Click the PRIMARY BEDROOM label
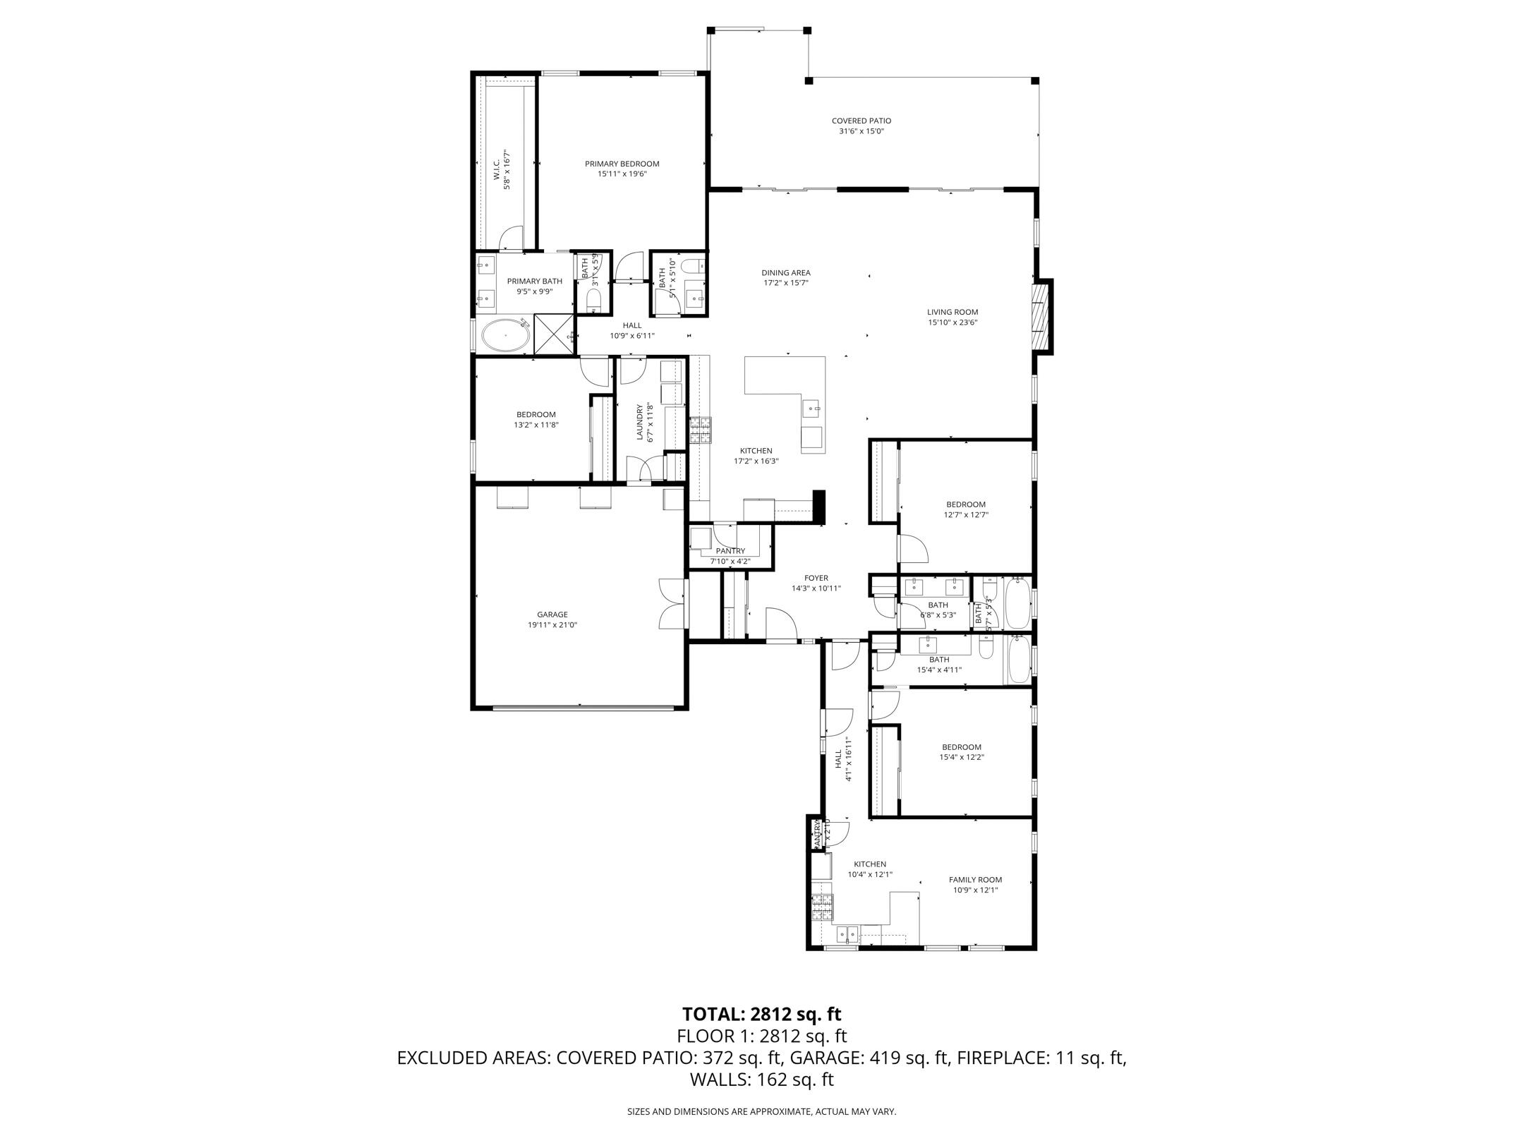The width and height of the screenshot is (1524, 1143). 622,164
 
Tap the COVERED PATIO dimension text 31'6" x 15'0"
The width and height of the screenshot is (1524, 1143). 861,131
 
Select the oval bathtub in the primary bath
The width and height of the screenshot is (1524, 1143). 505,336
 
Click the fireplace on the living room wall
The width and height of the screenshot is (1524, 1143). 1040,317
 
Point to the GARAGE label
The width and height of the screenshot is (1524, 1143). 552,615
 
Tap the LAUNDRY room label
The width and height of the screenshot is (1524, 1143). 640,422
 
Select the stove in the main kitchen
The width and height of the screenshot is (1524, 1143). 700,430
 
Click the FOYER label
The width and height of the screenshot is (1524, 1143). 816,578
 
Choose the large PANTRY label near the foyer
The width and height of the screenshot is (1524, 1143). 730,551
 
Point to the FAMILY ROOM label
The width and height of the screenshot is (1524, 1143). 975,880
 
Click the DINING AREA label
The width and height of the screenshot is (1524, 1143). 785,272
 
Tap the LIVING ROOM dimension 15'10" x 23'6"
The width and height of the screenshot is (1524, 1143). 953,322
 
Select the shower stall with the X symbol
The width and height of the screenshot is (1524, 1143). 555,334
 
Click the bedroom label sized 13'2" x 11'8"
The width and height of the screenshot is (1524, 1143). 536,415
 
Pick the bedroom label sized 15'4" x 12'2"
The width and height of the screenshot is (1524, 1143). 961,747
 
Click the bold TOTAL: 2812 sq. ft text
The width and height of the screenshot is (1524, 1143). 761,1015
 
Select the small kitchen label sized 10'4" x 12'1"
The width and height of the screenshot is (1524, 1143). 870,864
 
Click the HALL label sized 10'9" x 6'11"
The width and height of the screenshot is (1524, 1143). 632,325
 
